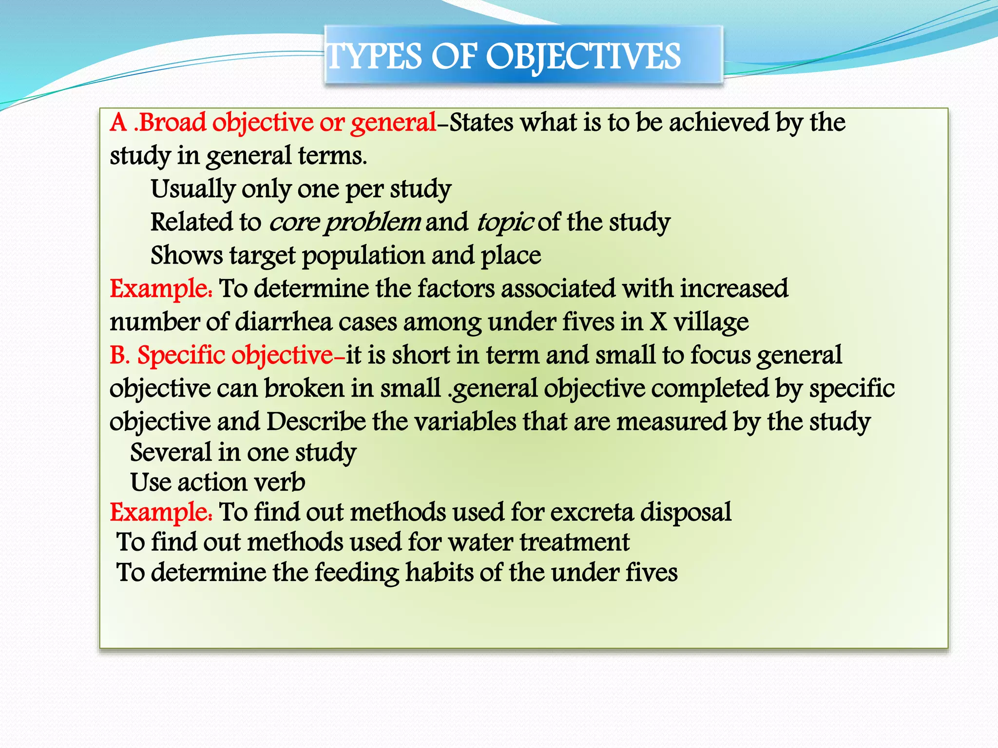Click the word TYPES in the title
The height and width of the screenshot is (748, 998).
[x=374, y=57]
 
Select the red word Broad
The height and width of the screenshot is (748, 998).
[x=173, y=122]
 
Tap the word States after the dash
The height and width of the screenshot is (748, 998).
[x=481, y=122]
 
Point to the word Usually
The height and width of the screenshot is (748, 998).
[x=193, y=189]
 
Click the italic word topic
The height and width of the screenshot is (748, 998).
[x=505, y=223]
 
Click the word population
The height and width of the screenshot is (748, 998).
[x=363, y=256]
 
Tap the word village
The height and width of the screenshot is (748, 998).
[x=711, y=322]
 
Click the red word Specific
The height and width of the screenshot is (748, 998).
[x=181, y=355]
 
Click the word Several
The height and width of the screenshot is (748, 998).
[x=171, y=452]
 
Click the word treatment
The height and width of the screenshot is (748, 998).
[x=575, y=542]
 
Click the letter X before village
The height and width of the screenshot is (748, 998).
[x=658, y=322]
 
